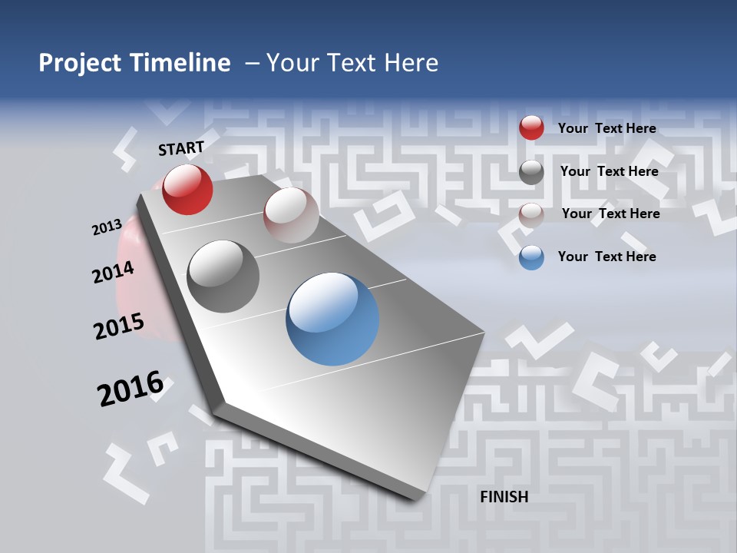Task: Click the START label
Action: click(x=181, y=148)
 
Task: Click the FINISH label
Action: click(x=504, y=497)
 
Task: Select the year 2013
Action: click(x=107, y=227)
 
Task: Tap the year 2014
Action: click(x=114, y=273)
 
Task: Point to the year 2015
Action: click(x=119, y=326)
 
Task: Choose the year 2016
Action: click(x=131, y=389)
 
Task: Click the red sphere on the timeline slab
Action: click(x=187, y=190)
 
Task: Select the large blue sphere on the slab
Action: click(x=332, y=319)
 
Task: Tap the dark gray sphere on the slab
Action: click(x=223, y=276)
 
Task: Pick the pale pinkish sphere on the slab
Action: click(x=291, y=215)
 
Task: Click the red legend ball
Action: click(x=531, y=128)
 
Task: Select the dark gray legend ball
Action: click(x=531, y=172)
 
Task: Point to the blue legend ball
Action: click(x=531, y=257)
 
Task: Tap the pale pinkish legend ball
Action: click(x=531, y=214)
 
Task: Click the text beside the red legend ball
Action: click(x=606, y=128)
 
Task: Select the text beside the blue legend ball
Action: click(x=606, y=257)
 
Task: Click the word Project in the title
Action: click(x=80, y=63)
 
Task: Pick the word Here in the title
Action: click(x=411, y=63)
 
